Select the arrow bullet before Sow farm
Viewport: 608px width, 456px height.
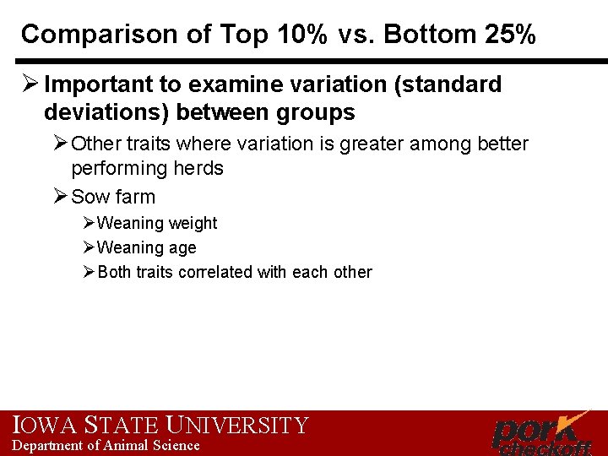coord(59,197)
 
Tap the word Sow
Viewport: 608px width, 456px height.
coord(89,197)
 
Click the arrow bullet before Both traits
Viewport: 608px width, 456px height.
coord(90,272)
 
